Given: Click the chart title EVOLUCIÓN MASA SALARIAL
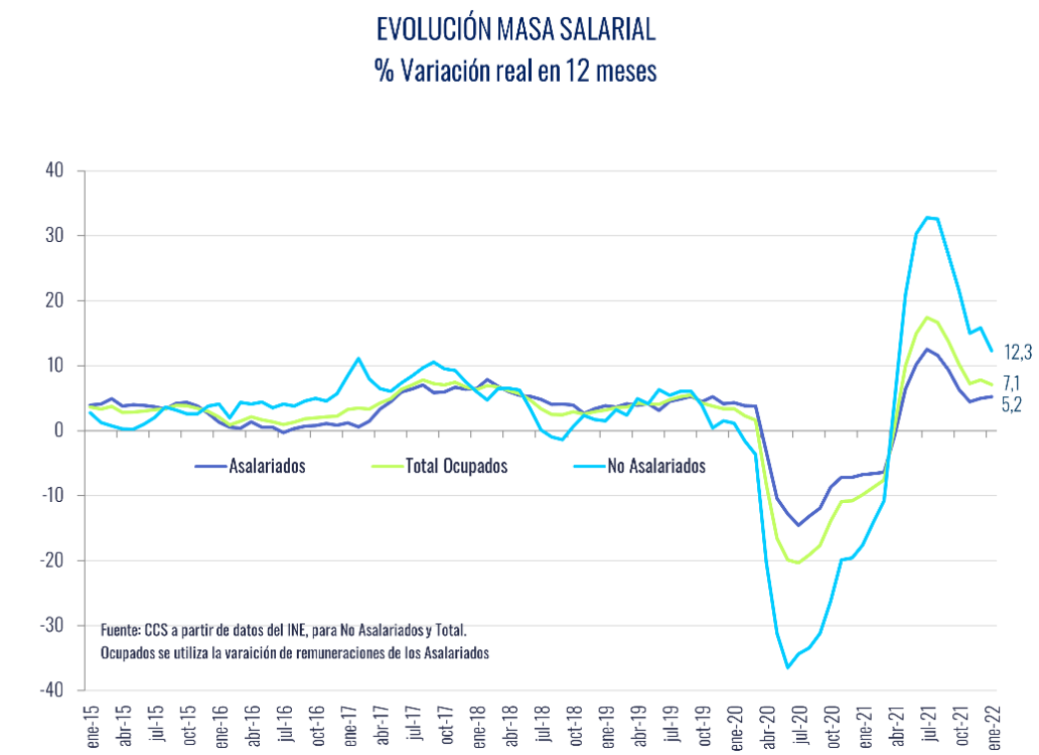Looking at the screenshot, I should coord(516,30).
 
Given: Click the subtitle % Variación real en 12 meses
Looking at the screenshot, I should coord(516,73).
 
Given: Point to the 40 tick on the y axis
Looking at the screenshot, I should coord(55,170).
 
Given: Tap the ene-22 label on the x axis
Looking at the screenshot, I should coord(993,725).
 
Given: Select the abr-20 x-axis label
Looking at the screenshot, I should coord(769,725).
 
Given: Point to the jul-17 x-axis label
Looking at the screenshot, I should coord(414,725).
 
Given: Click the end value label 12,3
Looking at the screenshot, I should coord(1017,352).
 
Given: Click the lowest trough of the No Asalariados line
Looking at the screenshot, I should coord(787,667).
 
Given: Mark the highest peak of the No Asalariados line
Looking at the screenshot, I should coord(927,217).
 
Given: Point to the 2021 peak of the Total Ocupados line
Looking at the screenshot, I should coord(927,317).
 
